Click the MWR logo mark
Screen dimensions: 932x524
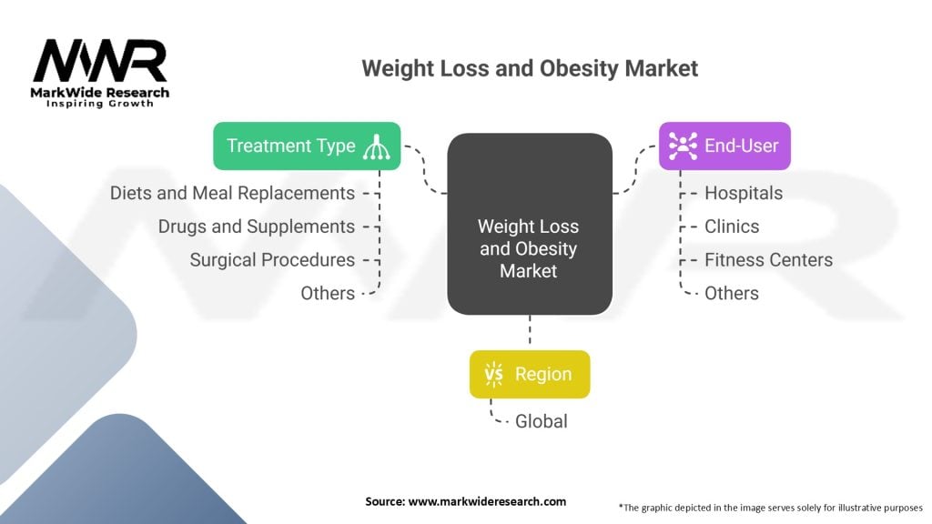tap(100, 61)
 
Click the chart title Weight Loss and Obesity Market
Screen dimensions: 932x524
tap(530, 68)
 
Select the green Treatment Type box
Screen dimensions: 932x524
tap(307, 146)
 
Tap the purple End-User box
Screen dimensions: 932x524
tap(724, 146)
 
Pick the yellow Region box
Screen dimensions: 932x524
tap(530, 374)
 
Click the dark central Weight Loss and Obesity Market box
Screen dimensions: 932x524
tap(530, 224)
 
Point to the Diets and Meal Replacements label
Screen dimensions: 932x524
tap(232, 193)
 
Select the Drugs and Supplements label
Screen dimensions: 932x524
tap(256, 227)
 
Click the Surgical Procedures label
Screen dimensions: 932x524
tap(272, 259)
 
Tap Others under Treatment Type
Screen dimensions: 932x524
tap(328, 293)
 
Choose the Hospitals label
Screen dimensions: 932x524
tap(744, 193)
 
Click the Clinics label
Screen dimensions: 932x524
tap(732, 227)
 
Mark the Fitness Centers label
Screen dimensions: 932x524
tap(768, 259)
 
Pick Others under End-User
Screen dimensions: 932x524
tap(732, 293)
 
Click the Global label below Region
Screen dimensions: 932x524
tap(541, 421)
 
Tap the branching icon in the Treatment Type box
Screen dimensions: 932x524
tap(377, 146)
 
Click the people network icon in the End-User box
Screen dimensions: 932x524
tap(683, 146)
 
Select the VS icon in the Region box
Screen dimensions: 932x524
tap(493, 374)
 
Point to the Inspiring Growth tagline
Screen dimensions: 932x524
tap(100, 104)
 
